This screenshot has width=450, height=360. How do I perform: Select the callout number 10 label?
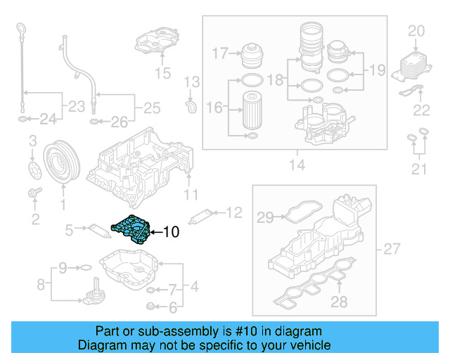(171, 231)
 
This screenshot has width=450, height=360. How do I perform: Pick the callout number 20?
(417, 31)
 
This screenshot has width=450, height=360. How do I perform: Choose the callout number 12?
(233, 212)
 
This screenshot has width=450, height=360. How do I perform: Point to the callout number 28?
(340, 302)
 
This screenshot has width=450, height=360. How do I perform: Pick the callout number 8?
(40, 285)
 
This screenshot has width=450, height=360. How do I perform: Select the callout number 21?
(418, 169)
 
